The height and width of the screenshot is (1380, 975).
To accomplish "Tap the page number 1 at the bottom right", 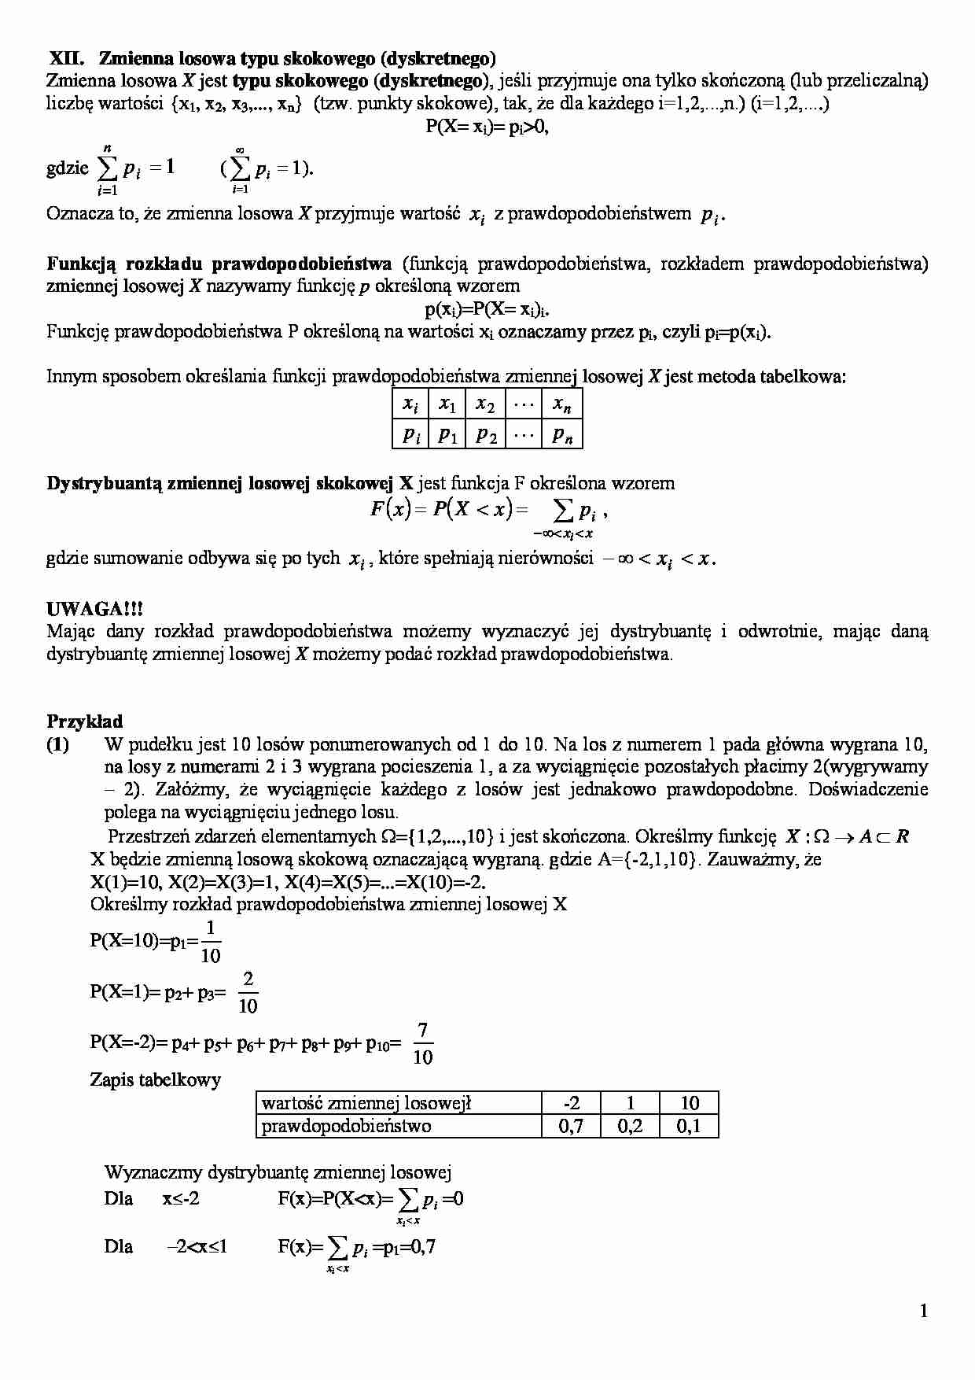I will (923, 1310).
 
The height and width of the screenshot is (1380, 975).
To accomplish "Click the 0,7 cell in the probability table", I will (571, 1126).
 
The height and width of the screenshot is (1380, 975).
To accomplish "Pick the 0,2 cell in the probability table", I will (630, 1126).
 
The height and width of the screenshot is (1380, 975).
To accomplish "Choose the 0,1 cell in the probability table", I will (689, 1126).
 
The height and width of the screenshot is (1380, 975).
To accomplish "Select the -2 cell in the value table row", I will (571, 1103).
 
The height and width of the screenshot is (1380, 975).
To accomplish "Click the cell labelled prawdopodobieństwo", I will (346, 1126).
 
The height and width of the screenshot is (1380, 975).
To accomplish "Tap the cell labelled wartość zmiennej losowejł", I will (366, 1103).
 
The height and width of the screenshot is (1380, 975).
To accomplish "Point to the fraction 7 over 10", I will (423, 1043).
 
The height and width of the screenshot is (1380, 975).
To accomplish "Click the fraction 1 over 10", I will (211, 942).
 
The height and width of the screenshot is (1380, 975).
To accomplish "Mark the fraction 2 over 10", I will (248, 992).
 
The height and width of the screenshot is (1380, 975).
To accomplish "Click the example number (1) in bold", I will (57, 744).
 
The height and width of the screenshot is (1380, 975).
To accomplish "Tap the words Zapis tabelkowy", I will (156, 1079).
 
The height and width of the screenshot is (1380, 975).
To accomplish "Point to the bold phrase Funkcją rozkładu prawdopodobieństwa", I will (219, 264).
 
